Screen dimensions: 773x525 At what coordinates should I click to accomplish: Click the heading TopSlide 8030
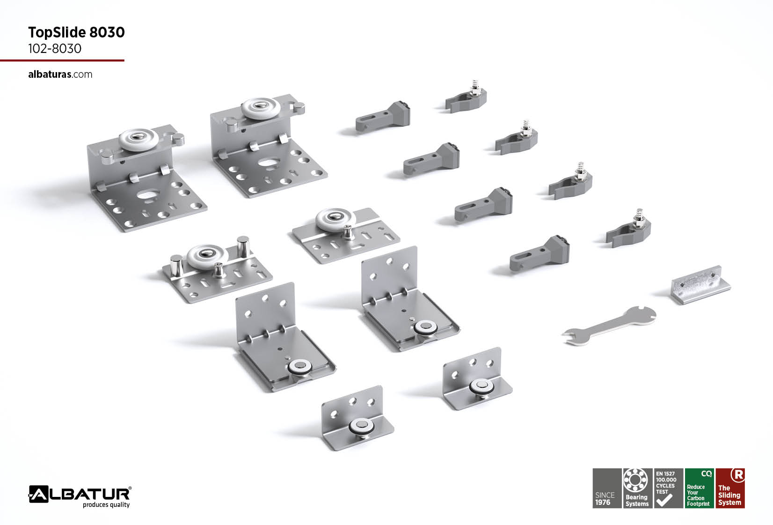(x=76, y=32)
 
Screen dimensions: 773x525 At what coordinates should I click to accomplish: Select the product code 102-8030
(x=55, y=49)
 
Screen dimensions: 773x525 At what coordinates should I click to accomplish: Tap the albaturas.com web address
(x=60, y=74)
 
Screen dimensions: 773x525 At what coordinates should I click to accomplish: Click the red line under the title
(x=62, y=60)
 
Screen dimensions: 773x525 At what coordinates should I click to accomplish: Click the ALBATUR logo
(x=80, y=494)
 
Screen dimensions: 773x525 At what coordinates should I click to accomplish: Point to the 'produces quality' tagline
(x=106, y=505)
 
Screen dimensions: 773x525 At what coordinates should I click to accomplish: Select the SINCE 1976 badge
(x=607, y=488)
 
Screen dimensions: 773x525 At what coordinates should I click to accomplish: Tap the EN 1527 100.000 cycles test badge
(x=669, y=488)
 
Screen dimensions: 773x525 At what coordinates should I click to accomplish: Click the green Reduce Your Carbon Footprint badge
(x=699, y=488)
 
